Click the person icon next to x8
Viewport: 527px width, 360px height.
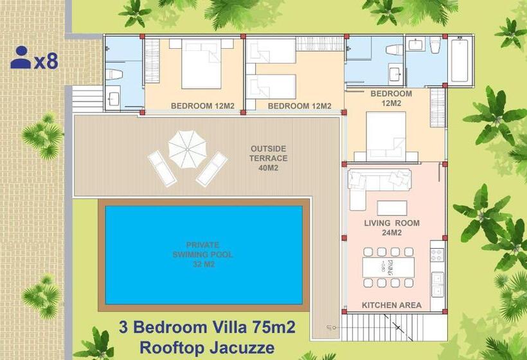21,58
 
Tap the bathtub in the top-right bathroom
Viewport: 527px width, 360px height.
460,61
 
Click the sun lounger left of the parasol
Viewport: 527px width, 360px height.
161,168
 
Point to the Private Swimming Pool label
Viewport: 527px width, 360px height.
202,255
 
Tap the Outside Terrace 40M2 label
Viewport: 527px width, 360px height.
269,158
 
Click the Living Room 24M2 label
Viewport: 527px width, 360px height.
392,228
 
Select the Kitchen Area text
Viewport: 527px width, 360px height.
391,305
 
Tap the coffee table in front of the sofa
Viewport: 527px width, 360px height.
391,208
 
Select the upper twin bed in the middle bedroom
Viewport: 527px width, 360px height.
271,51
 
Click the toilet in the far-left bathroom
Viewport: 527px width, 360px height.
113,75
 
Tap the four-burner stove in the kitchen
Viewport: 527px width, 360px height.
437,255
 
